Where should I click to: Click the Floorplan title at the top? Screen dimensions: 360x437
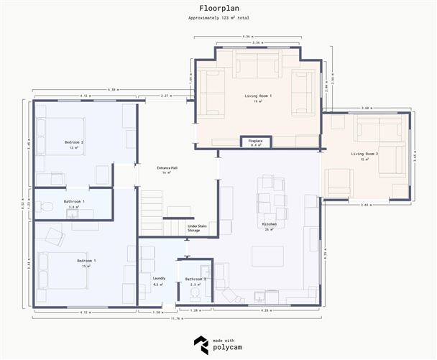218,9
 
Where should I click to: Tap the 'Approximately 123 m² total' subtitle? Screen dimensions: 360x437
218,18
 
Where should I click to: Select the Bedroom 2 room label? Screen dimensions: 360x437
74,144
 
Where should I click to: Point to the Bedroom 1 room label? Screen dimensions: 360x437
86,262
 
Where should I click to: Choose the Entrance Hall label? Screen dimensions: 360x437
167,170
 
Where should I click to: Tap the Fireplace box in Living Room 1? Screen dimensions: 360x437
255,142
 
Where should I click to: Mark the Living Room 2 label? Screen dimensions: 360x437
364,156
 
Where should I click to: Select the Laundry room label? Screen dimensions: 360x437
159,280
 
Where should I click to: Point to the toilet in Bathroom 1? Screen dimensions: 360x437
47,207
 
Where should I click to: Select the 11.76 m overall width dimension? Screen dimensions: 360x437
175,318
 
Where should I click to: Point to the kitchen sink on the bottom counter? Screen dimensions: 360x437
259,297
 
